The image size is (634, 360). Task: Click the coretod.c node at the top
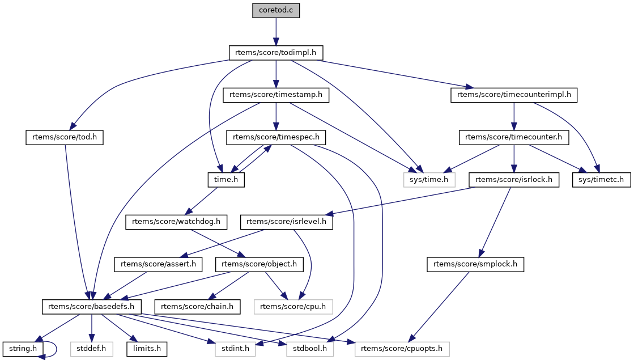276,10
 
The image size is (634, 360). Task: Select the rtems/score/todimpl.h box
276,53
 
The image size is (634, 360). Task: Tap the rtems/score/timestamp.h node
276,95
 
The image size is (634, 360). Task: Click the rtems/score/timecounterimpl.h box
514,95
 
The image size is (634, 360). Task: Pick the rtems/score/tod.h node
65,137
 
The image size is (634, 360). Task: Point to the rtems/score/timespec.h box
276,137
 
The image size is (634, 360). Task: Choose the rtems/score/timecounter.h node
514,137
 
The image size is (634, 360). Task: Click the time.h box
226,180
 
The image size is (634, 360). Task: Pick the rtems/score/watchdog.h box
176,222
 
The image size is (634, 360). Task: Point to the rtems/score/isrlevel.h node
287,222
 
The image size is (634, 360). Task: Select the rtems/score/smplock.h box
475,264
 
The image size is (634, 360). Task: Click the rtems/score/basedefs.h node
92,307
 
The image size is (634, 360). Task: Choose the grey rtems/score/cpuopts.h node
402,349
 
